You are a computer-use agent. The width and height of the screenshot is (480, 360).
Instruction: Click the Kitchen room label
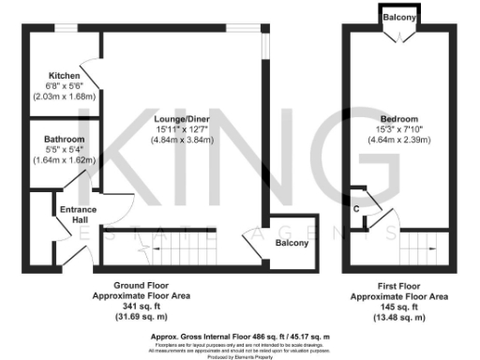[x=65, y=75]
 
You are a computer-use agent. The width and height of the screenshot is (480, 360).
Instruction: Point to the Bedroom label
[x=398, y=118]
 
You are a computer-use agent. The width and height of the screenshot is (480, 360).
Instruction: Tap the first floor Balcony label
[x=398, y=17]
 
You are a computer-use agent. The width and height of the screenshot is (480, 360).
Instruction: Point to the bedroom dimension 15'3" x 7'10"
[x=398, y=129]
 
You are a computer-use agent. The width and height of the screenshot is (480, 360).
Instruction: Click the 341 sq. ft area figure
[x=144, y=306]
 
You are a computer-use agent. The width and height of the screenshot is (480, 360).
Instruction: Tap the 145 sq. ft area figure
[x=397, y=306]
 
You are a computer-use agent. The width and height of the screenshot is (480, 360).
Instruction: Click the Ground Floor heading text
[x=144, y=285]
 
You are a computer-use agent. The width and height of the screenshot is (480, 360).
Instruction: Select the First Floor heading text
[x=397, y=285]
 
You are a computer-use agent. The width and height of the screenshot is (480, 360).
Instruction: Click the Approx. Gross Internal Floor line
[x=240, y=336]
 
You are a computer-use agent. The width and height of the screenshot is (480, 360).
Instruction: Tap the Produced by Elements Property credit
[x=240, y=356]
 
